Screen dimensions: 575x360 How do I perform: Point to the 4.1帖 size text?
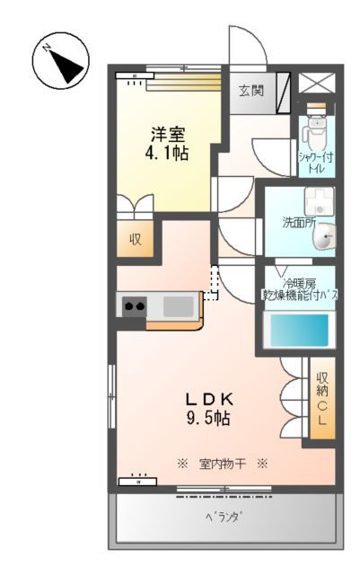(x=168, y=154)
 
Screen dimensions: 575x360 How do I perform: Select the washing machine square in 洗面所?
(x=317, y=202)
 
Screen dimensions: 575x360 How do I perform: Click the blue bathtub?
(x=301, y=330)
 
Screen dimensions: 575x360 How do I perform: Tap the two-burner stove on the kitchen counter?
(x=135, y=306)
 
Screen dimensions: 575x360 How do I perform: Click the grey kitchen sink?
(x=178, y=306)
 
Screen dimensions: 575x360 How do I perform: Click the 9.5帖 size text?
(x=209, y=419)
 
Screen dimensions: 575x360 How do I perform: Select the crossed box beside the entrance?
(x=316, y=84)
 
